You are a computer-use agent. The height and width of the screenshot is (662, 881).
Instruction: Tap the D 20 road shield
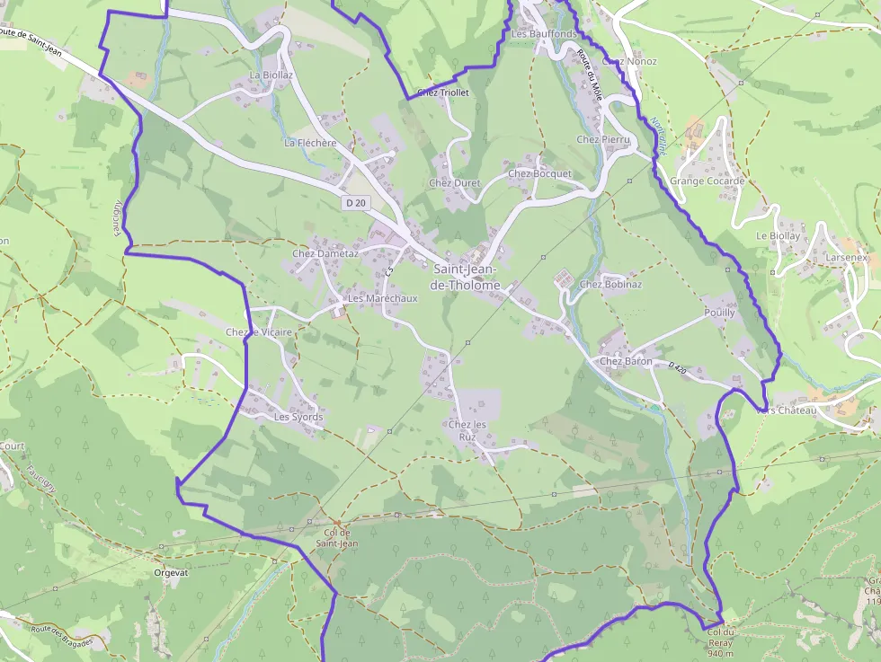pyautogui.click(x=356, y=203)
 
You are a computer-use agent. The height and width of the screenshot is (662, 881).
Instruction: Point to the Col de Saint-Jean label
pyautogui.click(x=337, y=538)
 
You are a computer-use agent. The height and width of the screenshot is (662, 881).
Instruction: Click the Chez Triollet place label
pyautogui.click(x=443, y=93)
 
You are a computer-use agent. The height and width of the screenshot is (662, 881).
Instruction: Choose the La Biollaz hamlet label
pyautogui.click(x=271, y=75)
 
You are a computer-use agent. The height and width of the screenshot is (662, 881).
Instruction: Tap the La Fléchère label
pyautogui.click(x=310, y=143)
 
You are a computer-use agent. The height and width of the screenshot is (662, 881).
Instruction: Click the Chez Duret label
pyautogui.click(x=454, y=183)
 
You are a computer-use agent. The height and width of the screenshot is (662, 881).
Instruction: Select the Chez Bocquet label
pyautogui.click(x=539, y=173)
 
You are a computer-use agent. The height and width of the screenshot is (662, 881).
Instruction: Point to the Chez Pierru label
pyautogui.click(x=602, y=140)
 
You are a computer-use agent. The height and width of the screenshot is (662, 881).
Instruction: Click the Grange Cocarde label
pyautogui.click(x=707, y=181)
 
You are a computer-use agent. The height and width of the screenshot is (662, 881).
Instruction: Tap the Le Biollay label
pyautogui.click(x=778, y=236)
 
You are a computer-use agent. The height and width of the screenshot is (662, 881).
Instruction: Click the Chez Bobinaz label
pyautogui.click(x=610, y=285)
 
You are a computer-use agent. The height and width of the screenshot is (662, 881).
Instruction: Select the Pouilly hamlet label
pyautogui.click(x=720, y=313)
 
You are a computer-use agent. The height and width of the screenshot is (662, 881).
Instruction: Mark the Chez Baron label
pyautogui.click(x=627, y=362)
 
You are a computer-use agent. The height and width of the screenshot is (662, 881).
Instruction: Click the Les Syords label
pyautogui.click(x=298, y=418)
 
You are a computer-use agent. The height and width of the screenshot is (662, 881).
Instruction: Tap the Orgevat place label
pyautogui.click(x=171, y=572)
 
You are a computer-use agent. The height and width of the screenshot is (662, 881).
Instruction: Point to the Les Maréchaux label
pyautogui.click(x=382, y=298)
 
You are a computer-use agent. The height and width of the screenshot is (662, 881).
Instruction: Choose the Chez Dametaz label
pyautogui.click(x=325, y=254)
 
